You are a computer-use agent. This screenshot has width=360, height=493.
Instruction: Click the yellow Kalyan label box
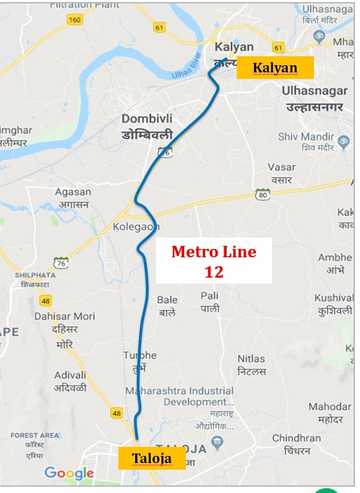(x=275, y=68)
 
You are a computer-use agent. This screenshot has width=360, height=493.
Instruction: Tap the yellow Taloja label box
(x=152, y=459)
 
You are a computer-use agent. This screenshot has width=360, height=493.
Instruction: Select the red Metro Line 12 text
(x=213, y=261)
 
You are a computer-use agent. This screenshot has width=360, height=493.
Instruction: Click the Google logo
(x=69, y=473)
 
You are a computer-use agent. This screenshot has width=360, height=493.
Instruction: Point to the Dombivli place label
(x=147, y=125)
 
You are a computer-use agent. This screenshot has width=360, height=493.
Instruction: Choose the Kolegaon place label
(x=136, y=227)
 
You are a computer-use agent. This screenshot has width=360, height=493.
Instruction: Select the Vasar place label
(x=281, y=173)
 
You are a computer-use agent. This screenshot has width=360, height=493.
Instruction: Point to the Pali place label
(x=210, y=302)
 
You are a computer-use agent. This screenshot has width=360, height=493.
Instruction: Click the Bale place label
(x=167, y=306)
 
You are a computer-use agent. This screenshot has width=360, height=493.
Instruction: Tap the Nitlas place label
(x=251, y=364)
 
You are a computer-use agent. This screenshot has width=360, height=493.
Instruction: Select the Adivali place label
(x=70, y=381)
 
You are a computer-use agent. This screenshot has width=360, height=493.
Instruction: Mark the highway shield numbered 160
(x=75, y=20)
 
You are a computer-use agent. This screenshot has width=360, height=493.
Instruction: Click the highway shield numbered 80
(x=261, y=194)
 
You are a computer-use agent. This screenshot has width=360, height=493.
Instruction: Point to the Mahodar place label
(x=330, y=412)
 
